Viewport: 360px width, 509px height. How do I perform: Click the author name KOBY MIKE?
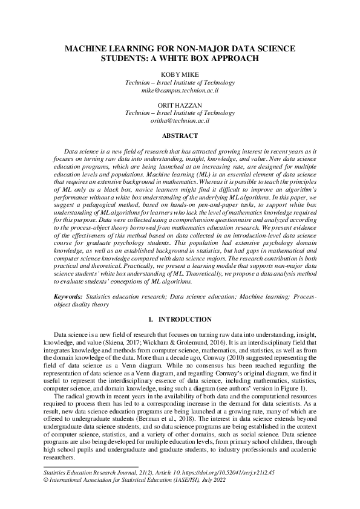coord(180,74)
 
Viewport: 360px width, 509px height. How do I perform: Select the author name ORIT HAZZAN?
coord(180,105)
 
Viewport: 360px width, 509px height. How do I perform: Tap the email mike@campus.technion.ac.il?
coord(180,90)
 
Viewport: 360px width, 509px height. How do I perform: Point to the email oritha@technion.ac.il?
coord(180,121)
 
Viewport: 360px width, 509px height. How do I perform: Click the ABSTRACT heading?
coord(180,136)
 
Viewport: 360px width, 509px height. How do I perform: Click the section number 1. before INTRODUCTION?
coord(150,319)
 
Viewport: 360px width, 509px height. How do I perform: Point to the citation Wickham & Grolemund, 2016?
coord(174,343)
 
